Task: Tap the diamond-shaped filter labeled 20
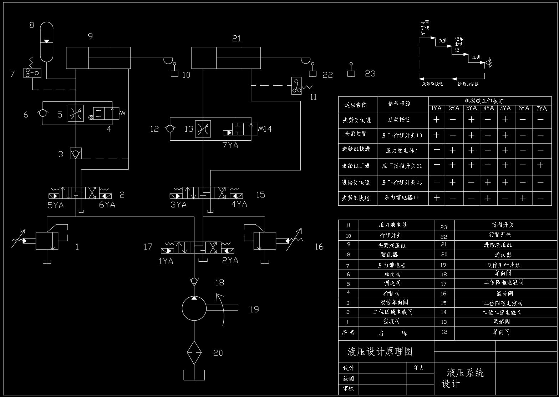194,352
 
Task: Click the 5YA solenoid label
56,205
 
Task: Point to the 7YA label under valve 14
230,145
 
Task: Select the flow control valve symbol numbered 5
76,114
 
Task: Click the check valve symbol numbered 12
170,129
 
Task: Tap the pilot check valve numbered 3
76,154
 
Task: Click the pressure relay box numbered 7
32,73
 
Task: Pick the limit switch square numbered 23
351,73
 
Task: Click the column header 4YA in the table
488,108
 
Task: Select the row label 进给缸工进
356,166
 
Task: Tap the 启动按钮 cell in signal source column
399,120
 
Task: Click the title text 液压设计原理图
380,352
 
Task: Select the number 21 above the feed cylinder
237,39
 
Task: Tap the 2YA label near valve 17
230,261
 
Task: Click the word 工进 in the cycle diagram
476,57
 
